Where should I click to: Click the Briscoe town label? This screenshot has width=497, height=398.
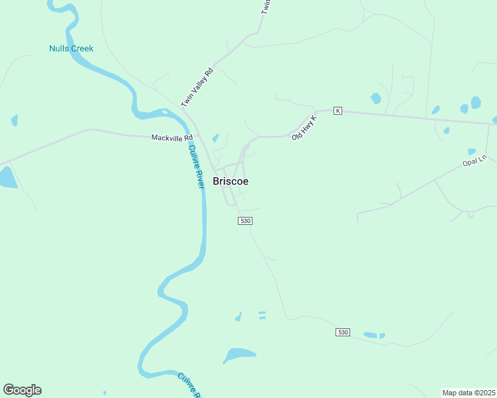(231, 181)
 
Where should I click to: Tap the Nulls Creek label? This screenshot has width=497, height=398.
(71, 48)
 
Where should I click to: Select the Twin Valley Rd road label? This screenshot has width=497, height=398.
(197, 87)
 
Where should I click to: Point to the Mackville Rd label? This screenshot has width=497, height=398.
(171, 138)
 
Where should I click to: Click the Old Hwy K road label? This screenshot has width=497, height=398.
(305, 128)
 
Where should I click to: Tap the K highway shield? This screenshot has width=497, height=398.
(338, 111)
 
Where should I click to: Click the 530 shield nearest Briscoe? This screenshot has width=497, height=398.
(245, 221)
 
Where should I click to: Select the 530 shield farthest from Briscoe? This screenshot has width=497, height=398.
(342, 332)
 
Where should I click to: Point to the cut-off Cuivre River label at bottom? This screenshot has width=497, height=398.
(189, 385)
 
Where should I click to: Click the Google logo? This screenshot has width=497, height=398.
(22, 390)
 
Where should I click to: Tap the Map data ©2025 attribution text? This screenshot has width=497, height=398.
(468, 393)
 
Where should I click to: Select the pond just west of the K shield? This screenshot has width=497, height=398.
(376, 99)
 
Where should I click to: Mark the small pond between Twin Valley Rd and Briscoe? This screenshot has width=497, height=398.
(215, 138)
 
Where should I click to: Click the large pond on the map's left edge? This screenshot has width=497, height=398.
(7, 177)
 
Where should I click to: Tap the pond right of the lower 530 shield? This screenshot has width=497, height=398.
(373, 335)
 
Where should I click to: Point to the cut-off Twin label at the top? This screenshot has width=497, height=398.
(267, 7)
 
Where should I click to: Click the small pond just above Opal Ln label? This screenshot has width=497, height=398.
(472, 151)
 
